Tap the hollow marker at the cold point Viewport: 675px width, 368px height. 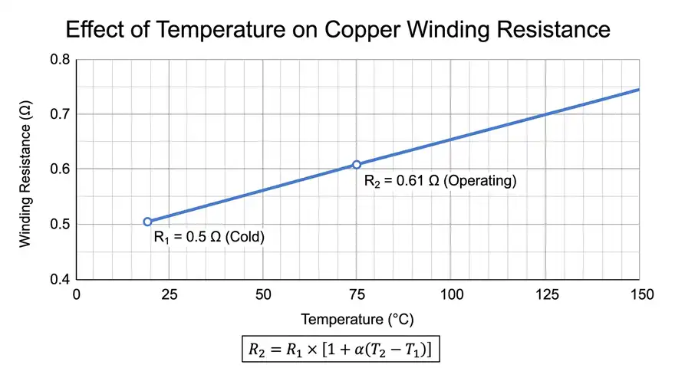(147, 222)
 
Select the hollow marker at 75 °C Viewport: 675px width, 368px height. (357, 164)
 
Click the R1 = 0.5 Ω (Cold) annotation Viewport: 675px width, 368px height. (209, 238)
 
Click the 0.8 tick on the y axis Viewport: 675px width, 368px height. (59, 60)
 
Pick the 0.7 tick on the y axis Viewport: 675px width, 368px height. (59, 114)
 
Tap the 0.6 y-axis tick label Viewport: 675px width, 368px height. (59, 169)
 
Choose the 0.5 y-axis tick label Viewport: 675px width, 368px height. (59, 224)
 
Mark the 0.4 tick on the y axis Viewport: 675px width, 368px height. (59, 279)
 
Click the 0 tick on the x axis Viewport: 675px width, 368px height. (75, 294)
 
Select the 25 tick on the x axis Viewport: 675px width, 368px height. (169, 294)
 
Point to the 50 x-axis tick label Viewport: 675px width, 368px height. (263, 294)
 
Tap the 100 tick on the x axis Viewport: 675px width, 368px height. (452, 294)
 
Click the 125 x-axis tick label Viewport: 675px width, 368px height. (545, 294)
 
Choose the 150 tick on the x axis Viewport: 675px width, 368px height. (640, 294)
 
